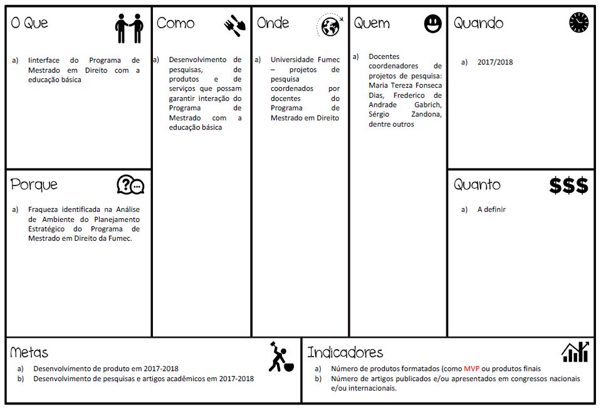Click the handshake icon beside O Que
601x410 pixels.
coord(129,28)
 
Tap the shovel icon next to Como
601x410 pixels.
coord(235,25)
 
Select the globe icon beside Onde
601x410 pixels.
coord(330,26)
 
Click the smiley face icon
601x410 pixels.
coord(432,24)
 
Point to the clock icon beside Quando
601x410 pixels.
coord(578,23)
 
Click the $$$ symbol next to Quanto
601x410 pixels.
coord(568,186)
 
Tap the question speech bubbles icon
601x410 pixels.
coord(130,185)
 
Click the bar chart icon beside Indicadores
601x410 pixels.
coord(575,352)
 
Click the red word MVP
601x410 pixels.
coord(471,369)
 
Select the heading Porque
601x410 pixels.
coord(34,185)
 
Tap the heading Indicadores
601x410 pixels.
coord(345,352)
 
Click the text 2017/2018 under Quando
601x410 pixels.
coord(495,62)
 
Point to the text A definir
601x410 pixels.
coord(491,209)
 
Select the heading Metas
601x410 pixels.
coord(29,352)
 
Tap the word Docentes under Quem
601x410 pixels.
coord(384,56)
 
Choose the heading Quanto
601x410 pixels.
coord(477,185)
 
